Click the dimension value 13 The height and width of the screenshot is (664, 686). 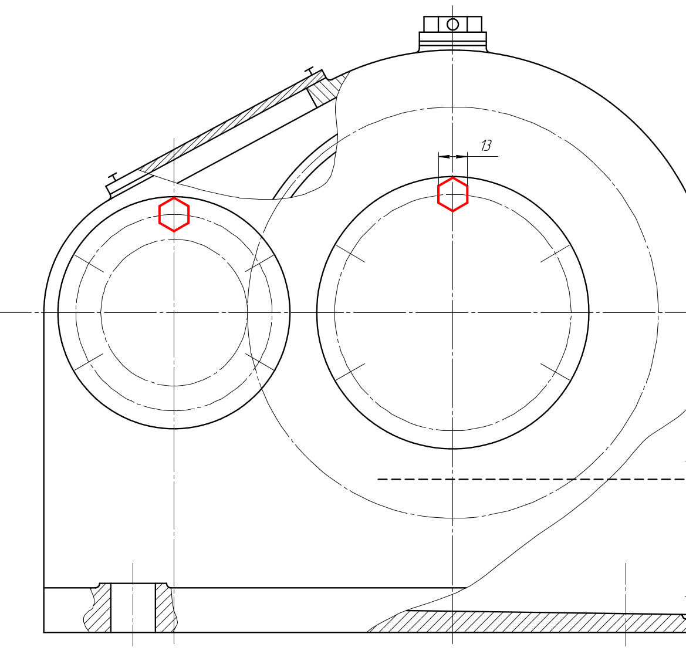486,146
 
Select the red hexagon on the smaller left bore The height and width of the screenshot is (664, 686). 174,214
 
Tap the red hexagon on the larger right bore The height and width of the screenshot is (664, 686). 453,194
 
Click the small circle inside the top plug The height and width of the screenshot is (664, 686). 453,25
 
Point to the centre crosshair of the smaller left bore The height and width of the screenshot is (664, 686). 174,312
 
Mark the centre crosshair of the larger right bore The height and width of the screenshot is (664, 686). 453,312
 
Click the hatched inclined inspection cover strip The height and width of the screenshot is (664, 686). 232,123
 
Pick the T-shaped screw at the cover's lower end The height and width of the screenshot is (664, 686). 113,178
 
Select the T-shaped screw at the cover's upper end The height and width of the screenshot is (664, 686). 310,70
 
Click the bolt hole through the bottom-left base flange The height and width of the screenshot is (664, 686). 133,608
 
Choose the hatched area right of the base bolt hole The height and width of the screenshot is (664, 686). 166,608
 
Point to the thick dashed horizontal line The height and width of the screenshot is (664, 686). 532,479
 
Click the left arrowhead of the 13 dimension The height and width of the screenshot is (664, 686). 444,156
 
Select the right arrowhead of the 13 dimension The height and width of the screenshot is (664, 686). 462,156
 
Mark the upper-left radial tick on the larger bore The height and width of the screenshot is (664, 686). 350,254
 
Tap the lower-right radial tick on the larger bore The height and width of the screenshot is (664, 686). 556,372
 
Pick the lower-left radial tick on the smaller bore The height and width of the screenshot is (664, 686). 89,362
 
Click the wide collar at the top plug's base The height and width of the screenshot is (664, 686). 453,42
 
